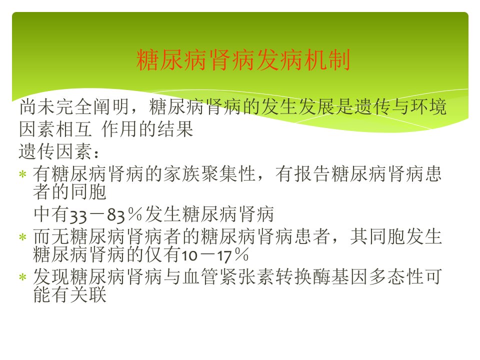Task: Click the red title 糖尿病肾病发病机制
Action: tap(243, 60)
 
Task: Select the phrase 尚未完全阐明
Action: tap(74, 107)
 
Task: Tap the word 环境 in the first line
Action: tap(428, 107)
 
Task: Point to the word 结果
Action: tap(175, 129)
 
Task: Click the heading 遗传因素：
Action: tap(59, 151)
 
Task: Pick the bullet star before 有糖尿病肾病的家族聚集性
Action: tap(22, 174)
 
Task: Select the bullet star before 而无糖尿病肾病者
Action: tap(22, 237)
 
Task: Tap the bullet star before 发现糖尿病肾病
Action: tap(22, 277)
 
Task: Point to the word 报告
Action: tap(312, 174)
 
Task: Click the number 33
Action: tap(78, 215)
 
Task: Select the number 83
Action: tap(116, 215)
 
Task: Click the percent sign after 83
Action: tap(135, 214)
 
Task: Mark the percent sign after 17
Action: tap(241, 254)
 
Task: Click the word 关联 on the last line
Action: tap(88, 294)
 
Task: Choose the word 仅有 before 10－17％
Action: tap(163, 254)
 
